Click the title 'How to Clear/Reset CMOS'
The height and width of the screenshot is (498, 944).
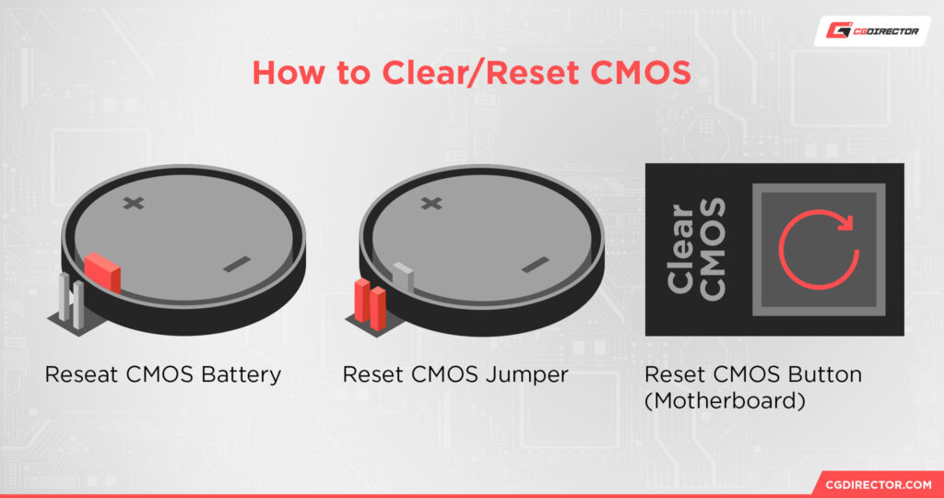click(471, 73)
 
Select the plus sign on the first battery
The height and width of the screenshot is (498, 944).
click(135, 203)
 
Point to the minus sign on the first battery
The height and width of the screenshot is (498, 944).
click(237, 265)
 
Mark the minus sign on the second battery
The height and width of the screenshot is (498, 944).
click(534, 265)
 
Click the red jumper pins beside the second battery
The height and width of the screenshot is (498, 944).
click(370, 303)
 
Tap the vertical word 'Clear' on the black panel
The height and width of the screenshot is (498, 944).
click(681, 249)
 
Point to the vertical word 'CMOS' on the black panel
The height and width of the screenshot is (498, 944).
click(713, 249)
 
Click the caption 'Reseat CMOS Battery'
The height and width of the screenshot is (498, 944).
click(163, 375)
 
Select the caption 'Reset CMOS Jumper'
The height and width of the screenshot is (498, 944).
click(455, 375)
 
